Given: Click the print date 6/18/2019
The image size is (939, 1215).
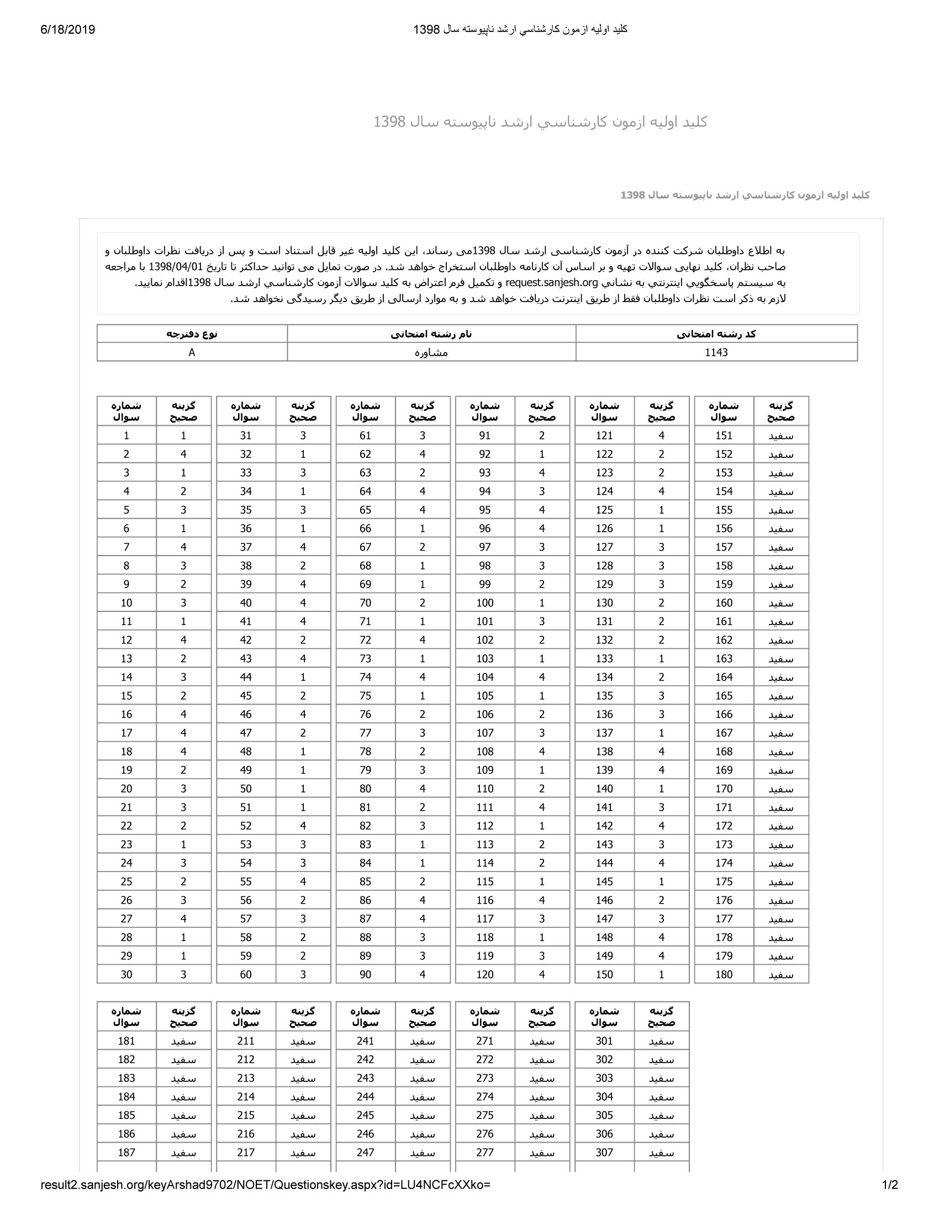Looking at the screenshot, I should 68,29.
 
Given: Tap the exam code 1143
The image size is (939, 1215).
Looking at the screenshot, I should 716,352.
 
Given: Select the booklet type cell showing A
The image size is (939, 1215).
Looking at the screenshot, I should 192,352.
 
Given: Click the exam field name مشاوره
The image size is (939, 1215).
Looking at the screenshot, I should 431,352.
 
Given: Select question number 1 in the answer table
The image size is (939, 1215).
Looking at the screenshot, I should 126,436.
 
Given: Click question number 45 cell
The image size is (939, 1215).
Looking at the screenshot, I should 246,695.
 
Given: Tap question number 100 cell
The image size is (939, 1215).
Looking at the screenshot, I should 484,603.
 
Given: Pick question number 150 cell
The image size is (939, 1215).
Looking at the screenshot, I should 604,974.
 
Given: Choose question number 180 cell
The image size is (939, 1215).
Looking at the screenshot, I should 724,974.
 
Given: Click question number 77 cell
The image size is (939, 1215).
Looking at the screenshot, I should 365,733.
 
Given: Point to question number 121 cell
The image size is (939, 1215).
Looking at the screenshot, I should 604,436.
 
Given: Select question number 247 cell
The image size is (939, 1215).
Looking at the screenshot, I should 365,1152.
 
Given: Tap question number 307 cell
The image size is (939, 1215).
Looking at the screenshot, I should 604,1152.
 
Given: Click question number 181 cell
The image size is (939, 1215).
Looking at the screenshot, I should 126,1041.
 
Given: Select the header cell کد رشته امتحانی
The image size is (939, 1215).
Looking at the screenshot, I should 716,334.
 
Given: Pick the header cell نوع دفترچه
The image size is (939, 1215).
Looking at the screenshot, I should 192,334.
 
